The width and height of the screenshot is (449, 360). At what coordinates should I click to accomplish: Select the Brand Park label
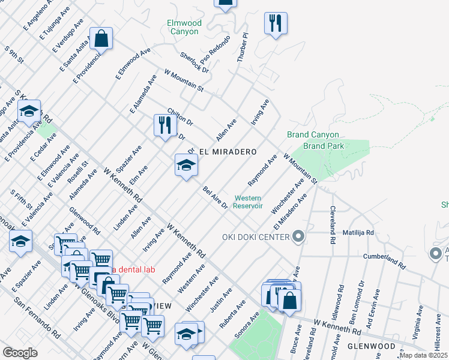[324, 146]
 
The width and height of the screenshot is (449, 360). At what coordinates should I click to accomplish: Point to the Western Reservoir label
[249, 202]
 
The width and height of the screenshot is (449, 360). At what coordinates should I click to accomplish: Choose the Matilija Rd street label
[358, 232]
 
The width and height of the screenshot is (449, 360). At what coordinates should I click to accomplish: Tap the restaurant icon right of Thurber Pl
[276, 23]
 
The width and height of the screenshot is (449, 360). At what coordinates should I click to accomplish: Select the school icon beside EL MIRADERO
[186, 165]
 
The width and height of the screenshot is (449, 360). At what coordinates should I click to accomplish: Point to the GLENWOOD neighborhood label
[372, 346]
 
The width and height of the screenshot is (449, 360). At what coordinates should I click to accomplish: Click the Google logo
[20, 353]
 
